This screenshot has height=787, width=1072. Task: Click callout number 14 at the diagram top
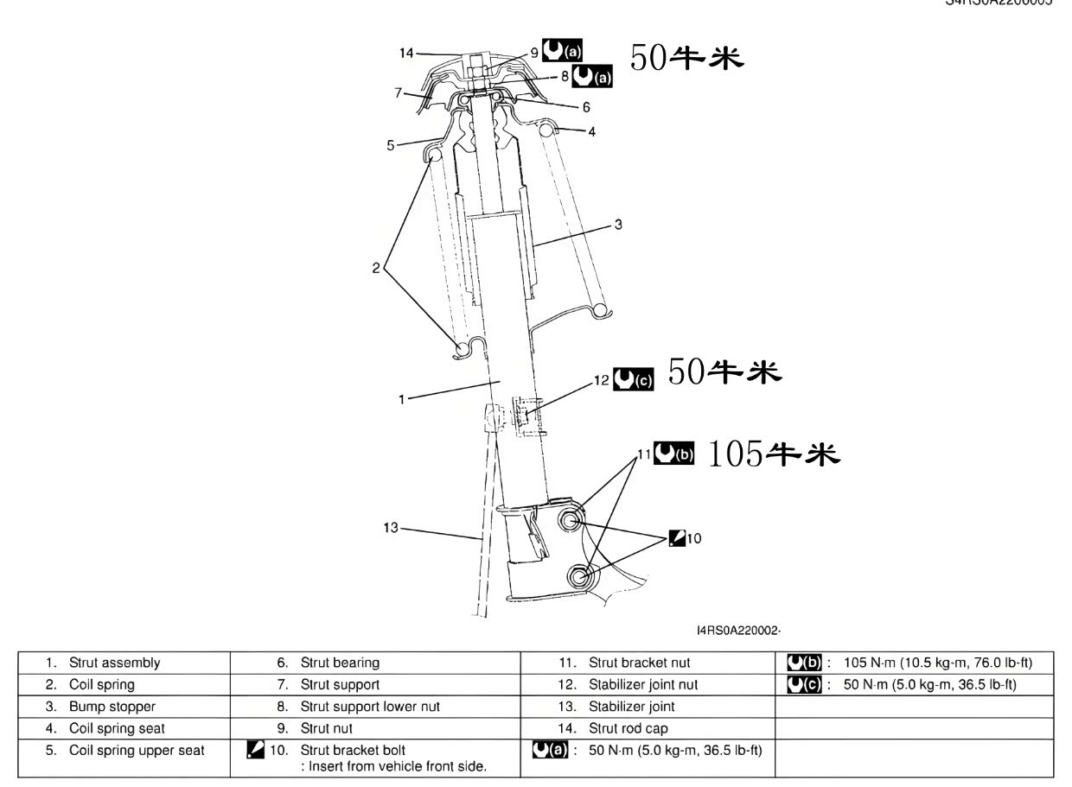(405, 53)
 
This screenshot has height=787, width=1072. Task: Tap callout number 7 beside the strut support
(399, 92)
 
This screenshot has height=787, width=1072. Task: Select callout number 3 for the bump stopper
(618, 225)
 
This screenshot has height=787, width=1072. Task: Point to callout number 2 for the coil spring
(376, 268)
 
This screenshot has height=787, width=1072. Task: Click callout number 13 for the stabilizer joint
(391, 527)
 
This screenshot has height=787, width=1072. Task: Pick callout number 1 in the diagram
(401, 399)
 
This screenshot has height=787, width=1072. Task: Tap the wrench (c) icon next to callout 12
(633, 379)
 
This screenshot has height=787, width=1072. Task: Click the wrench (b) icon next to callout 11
(673, 453)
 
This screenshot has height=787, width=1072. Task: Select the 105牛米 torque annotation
(774, 454)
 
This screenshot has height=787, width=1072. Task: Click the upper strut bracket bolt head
(570, 520)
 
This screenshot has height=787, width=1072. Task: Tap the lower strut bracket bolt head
(579, 577)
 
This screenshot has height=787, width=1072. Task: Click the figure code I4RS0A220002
(738, 631)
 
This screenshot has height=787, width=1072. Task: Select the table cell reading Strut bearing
(340, 663)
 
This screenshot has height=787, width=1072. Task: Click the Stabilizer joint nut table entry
(643, 685)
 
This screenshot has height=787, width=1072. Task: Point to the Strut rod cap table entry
(628, 728)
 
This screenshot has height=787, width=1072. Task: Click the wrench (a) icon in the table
(551, 750)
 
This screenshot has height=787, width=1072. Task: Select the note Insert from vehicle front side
(394, 766)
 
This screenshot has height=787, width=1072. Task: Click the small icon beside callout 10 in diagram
(677, 538)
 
